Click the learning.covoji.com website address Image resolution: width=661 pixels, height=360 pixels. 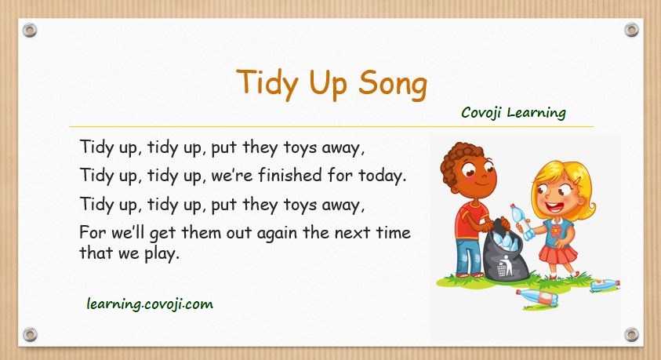pos(150,304)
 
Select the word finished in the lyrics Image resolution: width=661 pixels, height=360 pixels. pos(290,175)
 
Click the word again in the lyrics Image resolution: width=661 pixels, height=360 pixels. pos(278,233)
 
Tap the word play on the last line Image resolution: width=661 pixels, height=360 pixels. pos(162,254)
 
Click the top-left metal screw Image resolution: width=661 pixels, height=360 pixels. pos(30,30)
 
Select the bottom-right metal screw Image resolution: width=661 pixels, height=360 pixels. pos(631,335)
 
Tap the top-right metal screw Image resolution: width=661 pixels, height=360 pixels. pos(631,30)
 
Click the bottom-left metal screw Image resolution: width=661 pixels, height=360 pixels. pos(30,335)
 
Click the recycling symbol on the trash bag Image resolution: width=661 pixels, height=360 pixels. pos(504,267)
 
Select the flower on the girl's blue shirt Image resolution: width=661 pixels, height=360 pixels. pos(555,231)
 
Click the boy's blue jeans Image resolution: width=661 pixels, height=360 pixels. pos(468,255)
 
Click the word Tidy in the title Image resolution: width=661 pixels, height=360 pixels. pos(268,83)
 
